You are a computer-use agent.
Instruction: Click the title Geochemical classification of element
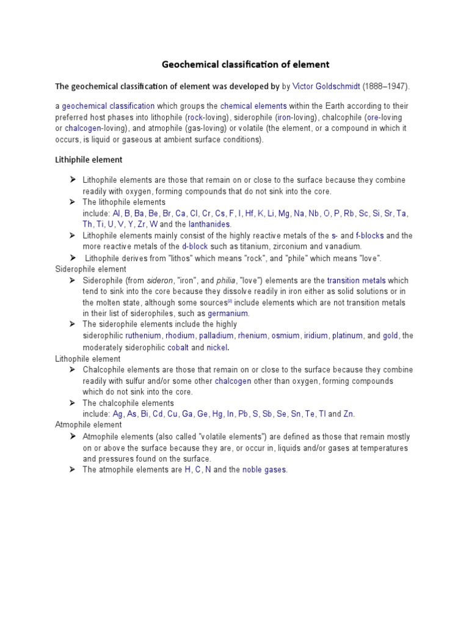tap(245, 64)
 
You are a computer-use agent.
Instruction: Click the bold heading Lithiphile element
tap(89, 160)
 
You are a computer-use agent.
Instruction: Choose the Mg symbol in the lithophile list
tap(284, 213)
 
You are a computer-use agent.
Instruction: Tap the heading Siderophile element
tap(90, 269)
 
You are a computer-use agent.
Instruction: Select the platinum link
tap(347, 336)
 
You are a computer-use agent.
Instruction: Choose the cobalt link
tap(178, 347)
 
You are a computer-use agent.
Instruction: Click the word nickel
tap(217, 347)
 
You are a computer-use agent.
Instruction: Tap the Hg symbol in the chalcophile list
tap(217, 414)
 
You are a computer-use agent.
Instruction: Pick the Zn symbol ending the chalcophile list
tap(349, 414)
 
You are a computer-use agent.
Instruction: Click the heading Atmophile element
tap(89, 425)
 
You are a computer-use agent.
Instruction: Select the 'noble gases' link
tap(264, 469)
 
